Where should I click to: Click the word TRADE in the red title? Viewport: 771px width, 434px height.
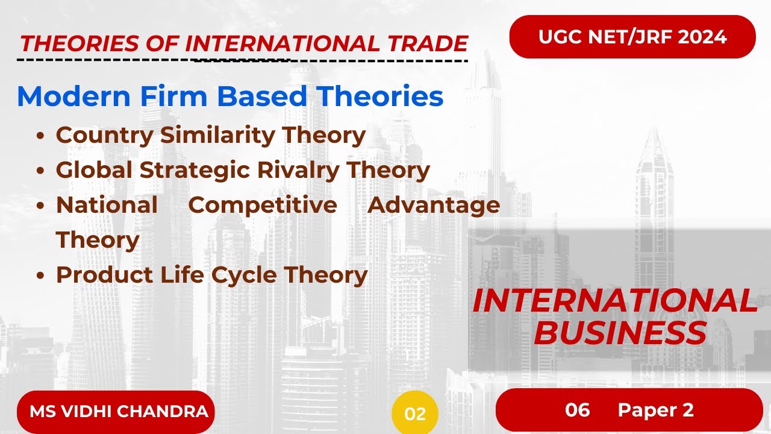(424, 43)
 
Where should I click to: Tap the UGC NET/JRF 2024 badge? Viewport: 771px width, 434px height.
(632, 37)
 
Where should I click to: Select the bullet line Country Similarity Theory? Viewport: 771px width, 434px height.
(210, 135)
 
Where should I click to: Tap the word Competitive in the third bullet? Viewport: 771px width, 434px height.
(263, 205)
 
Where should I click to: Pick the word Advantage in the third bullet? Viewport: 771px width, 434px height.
(434, 205)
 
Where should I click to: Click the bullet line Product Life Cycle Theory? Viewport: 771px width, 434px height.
(211, 275)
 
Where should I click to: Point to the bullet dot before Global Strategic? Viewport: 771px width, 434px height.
(40, 171)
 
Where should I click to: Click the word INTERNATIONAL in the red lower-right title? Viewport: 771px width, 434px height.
(614, 301)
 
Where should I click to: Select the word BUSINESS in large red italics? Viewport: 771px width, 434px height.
(620, 333)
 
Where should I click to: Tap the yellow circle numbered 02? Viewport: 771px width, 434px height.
(415, 414)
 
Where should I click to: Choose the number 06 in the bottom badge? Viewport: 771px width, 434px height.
(577, 410)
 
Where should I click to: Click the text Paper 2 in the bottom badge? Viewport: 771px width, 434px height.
(655, 410)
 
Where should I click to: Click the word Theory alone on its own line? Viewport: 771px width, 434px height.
(98, 240)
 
